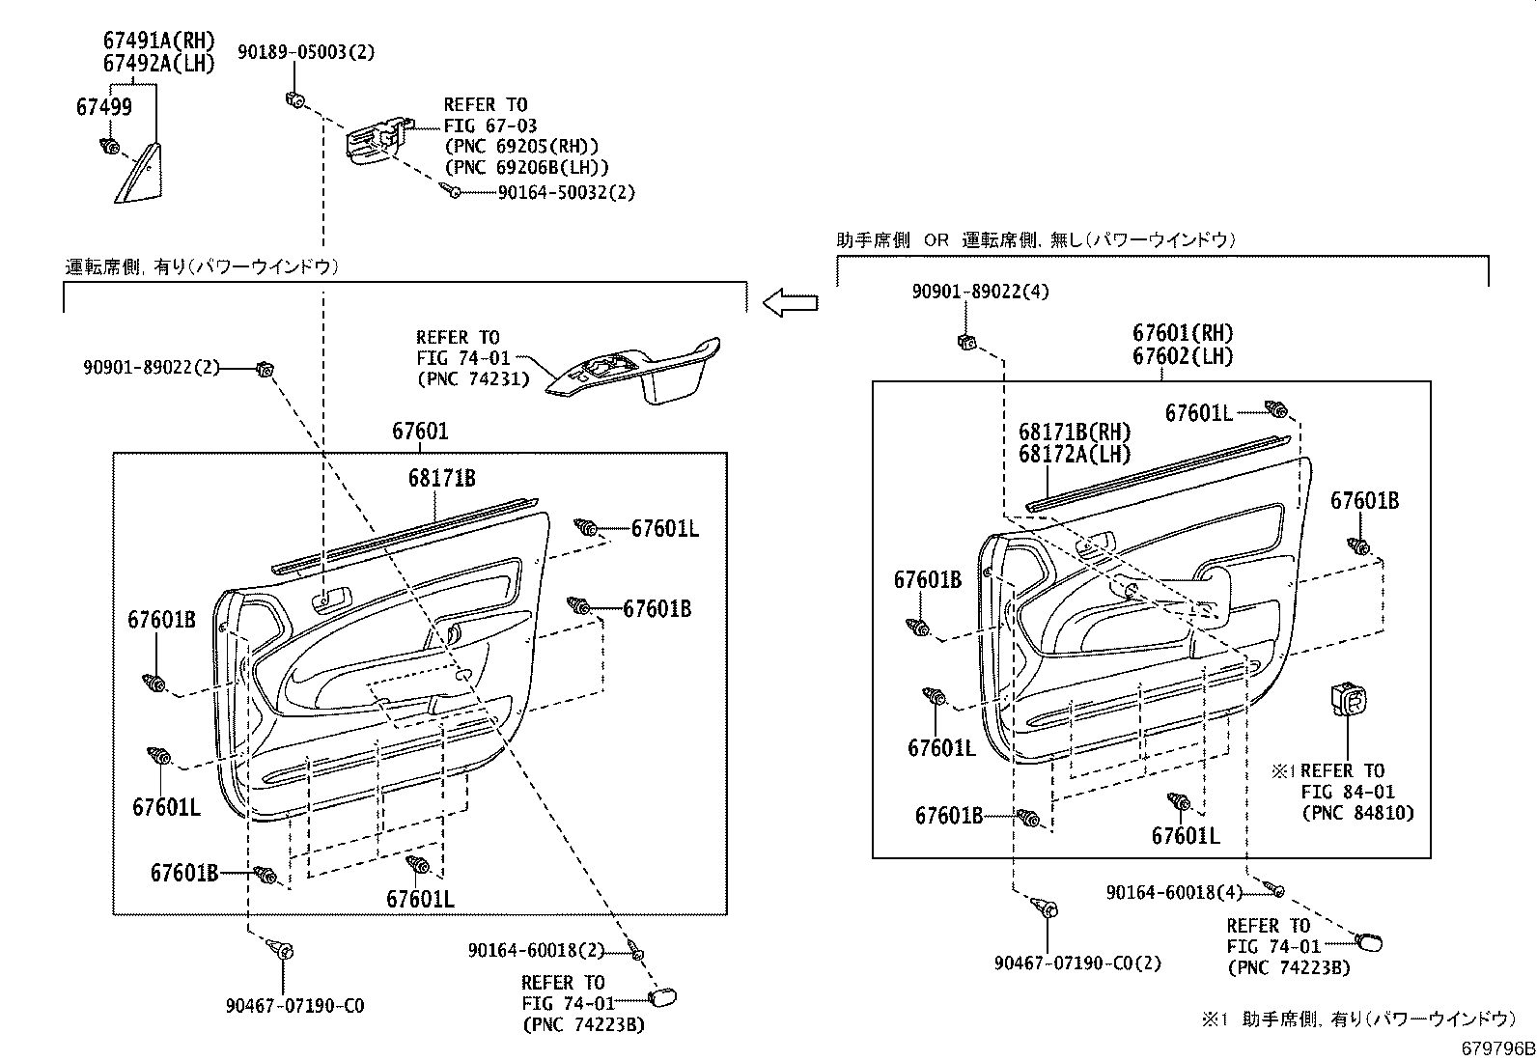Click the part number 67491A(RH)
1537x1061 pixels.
[x=158, y=41]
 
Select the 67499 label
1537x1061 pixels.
[x=104, y=107]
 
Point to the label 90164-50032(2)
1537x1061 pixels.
[x=567, y=192]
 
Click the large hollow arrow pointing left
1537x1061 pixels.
[x=790, y=304]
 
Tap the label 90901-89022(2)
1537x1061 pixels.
[x=152, y=367]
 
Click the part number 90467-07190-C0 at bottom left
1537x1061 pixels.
[x=294, y=1006]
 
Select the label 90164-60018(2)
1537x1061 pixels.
[x=536, y=951]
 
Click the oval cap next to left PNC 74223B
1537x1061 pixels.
[x=664, y=996]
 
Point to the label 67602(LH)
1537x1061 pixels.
[x=1183, y=355]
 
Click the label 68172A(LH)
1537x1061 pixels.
[x=1074, y=454]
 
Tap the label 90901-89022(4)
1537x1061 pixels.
[x=980, y=291]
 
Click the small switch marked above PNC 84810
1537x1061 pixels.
[x=1349, y=700]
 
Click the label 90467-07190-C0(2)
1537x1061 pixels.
[x=1077, y=963]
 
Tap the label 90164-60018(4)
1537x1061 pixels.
[x=1175, y=893]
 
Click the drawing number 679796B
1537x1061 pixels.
[x=1495, y=1047]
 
